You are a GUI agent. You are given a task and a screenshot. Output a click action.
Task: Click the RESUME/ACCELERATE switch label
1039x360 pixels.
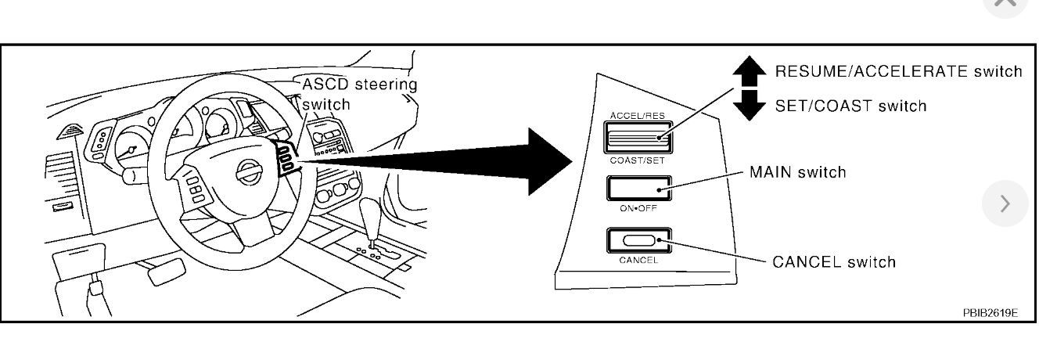(898, 71)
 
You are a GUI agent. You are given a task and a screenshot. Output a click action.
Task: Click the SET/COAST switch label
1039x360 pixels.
(850, 106)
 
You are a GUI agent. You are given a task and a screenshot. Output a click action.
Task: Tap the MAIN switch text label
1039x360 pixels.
(798, 171)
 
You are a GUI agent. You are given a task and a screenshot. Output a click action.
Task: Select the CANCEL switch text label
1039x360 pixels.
(834, 261)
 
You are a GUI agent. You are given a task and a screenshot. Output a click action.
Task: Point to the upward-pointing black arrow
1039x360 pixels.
(749, 71)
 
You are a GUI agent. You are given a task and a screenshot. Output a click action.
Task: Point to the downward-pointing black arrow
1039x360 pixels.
(749, 105)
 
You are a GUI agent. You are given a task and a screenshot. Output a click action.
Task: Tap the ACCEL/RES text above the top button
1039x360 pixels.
(637, 116)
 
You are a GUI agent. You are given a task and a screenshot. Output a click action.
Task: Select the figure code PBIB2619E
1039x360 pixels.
(990, 312)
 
